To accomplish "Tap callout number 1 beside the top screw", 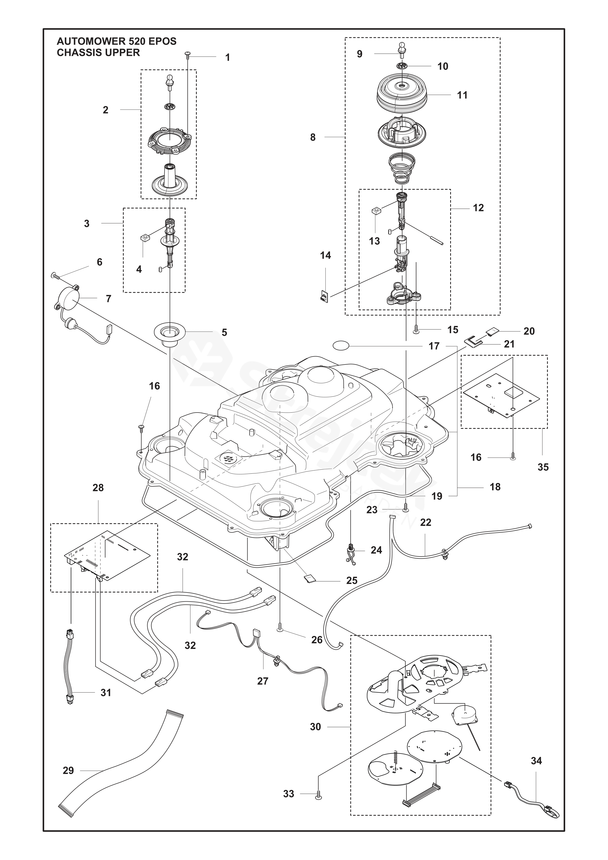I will tap(227, 58).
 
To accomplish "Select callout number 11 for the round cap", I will tap(462, 95).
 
